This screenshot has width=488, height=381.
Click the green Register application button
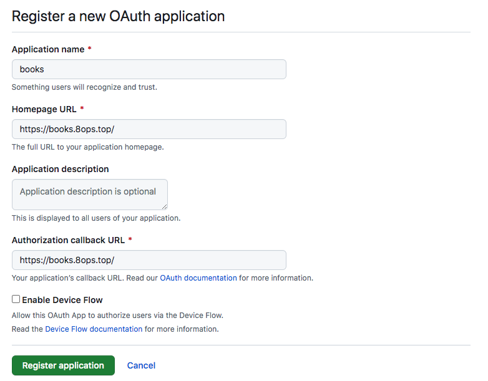(x=63, y=365)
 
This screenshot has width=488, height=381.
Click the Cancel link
(x=141, y=365)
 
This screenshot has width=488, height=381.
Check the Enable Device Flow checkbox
(x=16, y=299)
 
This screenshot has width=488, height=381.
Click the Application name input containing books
(x=149, y=69)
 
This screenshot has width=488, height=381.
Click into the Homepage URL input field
(x=149, y=129)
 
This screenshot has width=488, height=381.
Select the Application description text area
(x=90, y=195)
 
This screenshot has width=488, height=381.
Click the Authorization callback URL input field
(x=149, y=260)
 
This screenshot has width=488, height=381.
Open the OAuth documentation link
(x=198, y=277)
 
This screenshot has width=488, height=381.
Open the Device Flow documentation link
(x=94, y=329)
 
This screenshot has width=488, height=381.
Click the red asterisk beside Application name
(x=90, y=49)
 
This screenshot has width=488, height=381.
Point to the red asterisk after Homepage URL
(x=82, y=109)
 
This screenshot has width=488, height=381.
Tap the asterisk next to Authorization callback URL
(x=130, y=239)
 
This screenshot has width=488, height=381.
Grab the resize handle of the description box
(x=164, y=206)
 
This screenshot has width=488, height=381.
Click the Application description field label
(x=61, y=169)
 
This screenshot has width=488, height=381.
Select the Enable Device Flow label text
(x=62, y=300)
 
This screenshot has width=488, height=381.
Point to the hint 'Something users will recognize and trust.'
(x=84, y=87)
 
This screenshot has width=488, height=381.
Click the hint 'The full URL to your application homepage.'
(x=88, y=147)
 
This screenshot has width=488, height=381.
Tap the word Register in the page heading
(x=38, y=17)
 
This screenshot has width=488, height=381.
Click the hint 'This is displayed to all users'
(x=96, y=218)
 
